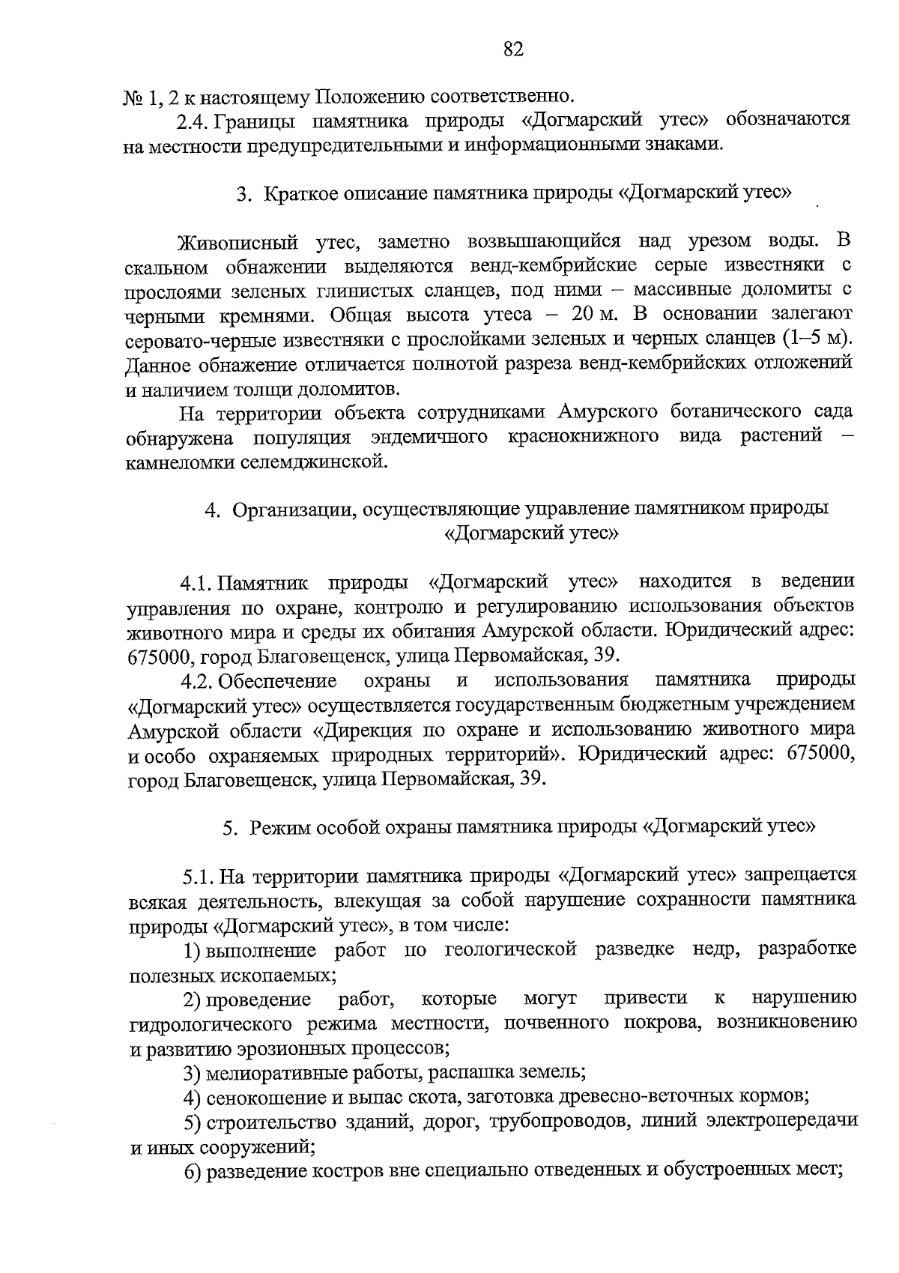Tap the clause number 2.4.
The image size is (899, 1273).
193,121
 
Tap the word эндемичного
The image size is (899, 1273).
429,436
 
